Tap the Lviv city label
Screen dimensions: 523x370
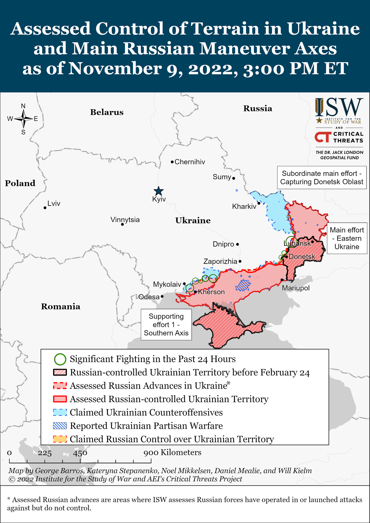[54, 204]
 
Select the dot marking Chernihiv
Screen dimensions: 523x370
[172, 162]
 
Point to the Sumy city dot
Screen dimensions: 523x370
[234, 178]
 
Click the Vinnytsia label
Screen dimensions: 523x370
[125, 220]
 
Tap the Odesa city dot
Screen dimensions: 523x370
[162, 297]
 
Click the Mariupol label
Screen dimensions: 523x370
[296, 288]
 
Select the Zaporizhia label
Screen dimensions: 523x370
[220, 261]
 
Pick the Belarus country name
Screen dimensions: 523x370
[107, 112]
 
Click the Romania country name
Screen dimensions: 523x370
[61, 306]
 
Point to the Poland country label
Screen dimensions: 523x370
[20, 183]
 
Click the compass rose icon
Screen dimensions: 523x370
[23, 119]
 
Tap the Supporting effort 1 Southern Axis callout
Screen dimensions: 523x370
[166, 325]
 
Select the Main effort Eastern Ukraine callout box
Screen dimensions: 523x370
[347, 238]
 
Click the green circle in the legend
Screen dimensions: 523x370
[60, 359]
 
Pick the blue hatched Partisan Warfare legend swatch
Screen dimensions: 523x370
[60, 426]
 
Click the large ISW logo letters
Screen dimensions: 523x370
[339, 108]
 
